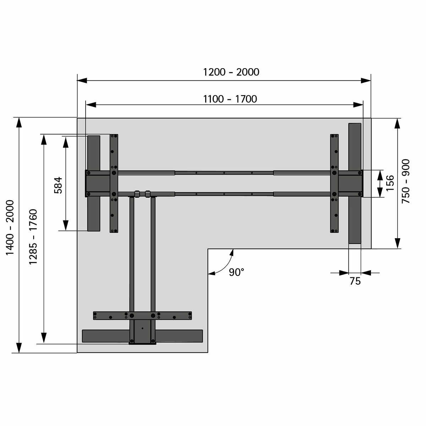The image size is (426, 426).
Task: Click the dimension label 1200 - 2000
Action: click(231, 72)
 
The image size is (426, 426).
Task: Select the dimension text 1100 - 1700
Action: click(230, 99)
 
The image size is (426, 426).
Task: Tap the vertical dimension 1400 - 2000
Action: click(10, 228)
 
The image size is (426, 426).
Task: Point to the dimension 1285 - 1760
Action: click(33, 236)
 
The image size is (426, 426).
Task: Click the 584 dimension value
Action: click(58, 185)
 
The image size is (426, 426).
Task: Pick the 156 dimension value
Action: click(390, 183)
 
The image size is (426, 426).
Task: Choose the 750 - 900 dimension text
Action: click(406, 181)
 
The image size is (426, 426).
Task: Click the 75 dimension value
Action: click(355, 281)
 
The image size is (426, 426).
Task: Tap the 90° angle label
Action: click(236, 272)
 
